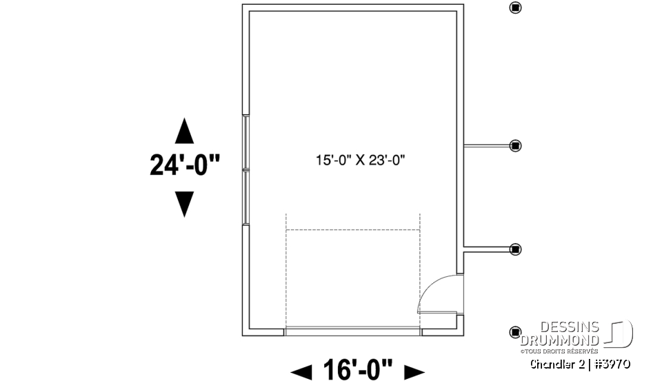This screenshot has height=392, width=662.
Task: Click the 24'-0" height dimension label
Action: click(185, 165)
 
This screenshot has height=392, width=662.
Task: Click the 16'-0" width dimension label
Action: click(357, 371)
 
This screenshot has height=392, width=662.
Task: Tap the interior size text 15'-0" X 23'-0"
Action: click(360, 161)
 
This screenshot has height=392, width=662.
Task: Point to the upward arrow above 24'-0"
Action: click(184, 131)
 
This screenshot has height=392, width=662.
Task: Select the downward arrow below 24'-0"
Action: click(184, 204)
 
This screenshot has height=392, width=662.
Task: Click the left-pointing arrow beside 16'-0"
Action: click(301, 373)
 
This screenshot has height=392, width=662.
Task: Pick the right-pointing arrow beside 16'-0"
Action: click(414, 373)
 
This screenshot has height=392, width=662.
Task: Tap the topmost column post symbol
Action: click(515, 8)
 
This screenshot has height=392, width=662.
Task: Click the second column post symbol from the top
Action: click(515, 145)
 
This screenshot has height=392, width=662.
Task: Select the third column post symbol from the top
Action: click(515, 249)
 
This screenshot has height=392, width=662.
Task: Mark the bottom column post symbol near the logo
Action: click(515, 333)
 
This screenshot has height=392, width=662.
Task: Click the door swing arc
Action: click(434, 289)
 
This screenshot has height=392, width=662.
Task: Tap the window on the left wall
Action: click(245, 169)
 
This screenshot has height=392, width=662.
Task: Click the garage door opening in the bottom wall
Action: click(352, 331)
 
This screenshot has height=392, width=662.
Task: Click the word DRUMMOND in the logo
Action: click(560, 340)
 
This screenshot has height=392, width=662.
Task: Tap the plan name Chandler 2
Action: click(556, 364)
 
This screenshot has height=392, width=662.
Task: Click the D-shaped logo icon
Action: click(621, 335)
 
